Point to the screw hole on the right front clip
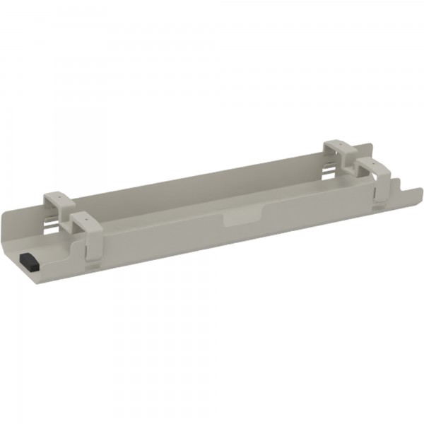[368, 166]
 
